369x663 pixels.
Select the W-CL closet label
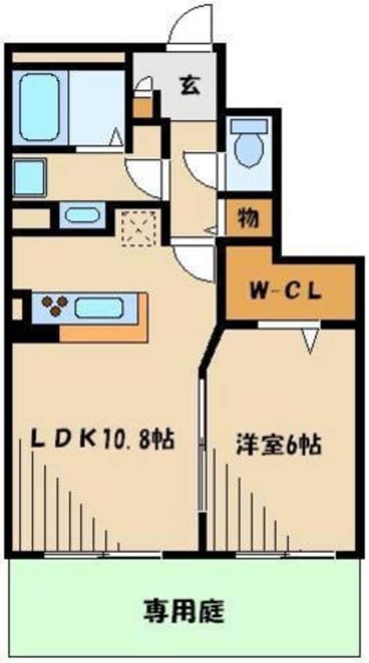click(285, 292)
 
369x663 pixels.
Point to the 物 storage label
click(248, 218)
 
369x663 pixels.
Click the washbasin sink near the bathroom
click(82, 215)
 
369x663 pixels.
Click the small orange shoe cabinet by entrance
click(143, 108)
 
